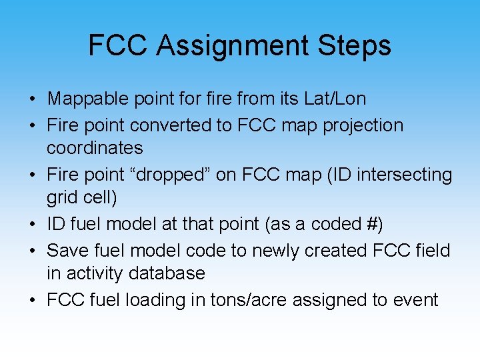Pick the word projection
[x=363, y=125]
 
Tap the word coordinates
[x=95, y=148]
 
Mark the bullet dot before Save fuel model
[x=32, y=251]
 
